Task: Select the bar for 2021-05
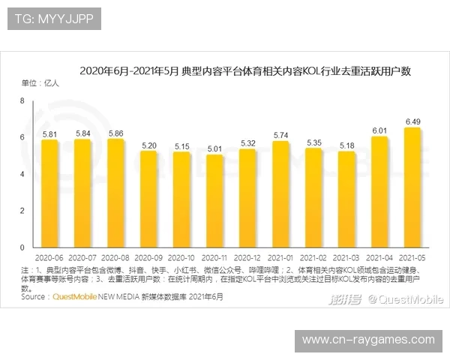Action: tap(412, 187)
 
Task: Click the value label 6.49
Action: tap(412, 121)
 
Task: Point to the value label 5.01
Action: tap(214, 148)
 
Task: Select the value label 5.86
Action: tap(115, 133)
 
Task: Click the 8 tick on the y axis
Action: tap(22, 100)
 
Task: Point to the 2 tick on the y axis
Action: tap(22, 211)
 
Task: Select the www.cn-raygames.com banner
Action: tap(368, 340)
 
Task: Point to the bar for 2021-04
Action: tap(379, 192)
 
